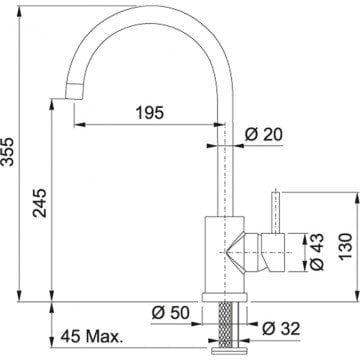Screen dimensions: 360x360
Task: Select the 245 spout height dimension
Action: click(39, 203)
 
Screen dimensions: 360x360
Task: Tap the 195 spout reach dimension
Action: click(149, 113)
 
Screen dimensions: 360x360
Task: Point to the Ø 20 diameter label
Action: click(263, 134)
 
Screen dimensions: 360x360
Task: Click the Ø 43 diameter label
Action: click(317, 252)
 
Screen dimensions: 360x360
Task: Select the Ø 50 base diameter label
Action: click(170, 313)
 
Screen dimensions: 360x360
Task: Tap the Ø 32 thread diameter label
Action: click(281, 329)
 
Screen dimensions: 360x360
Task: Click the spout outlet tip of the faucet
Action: click(74, 91)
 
